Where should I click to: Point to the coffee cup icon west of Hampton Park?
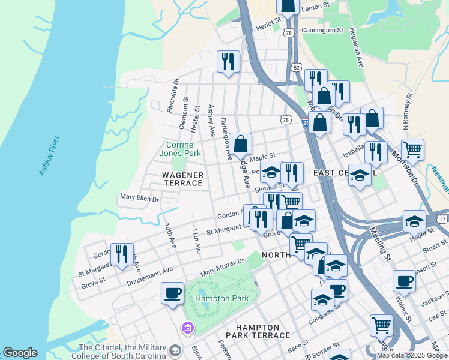[x=173, y=293]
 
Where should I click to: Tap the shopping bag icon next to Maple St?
[x=240, y=145]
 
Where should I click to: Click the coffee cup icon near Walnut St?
[x=404, y=281]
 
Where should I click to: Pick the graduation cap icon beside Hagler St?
[x=414, y=221]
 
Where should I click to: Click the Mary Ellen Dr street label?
[x=139, y=197]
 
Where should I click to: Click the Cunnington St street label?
[x=322, y=29]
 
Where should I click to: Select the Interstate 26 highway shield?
[x=306, y=122]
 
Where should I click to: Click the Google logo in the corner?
[x=20, y=353]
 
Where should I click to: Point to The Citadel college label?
[x=123, y=351]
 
